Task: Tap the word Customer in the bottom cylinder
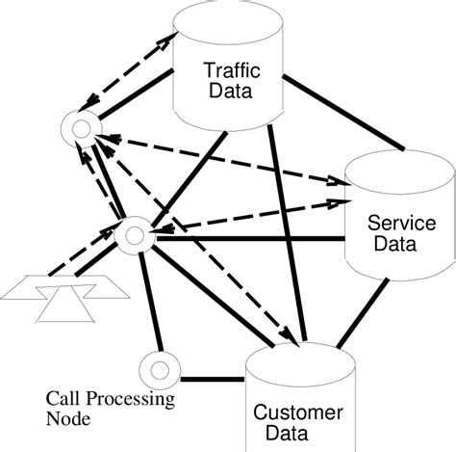(x=298, y=413)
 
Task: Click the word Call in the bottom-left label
(x=63, y=398)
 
